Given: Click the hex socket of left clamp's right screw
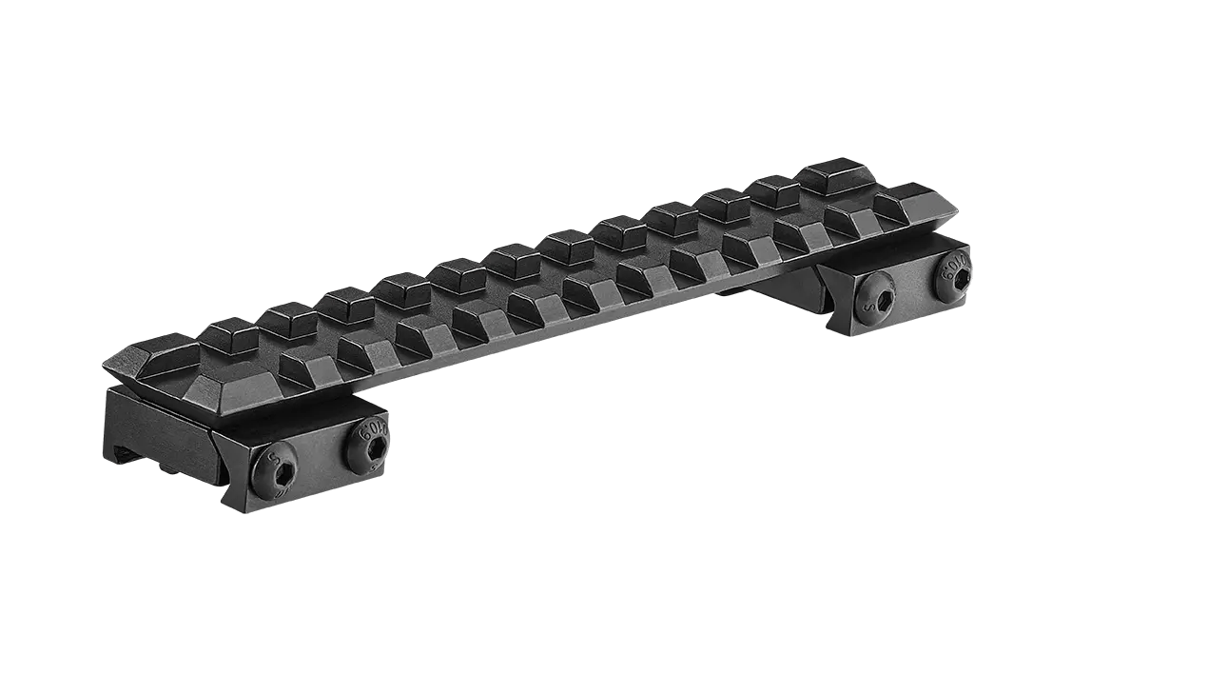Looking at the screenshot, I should coord(372,447).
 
